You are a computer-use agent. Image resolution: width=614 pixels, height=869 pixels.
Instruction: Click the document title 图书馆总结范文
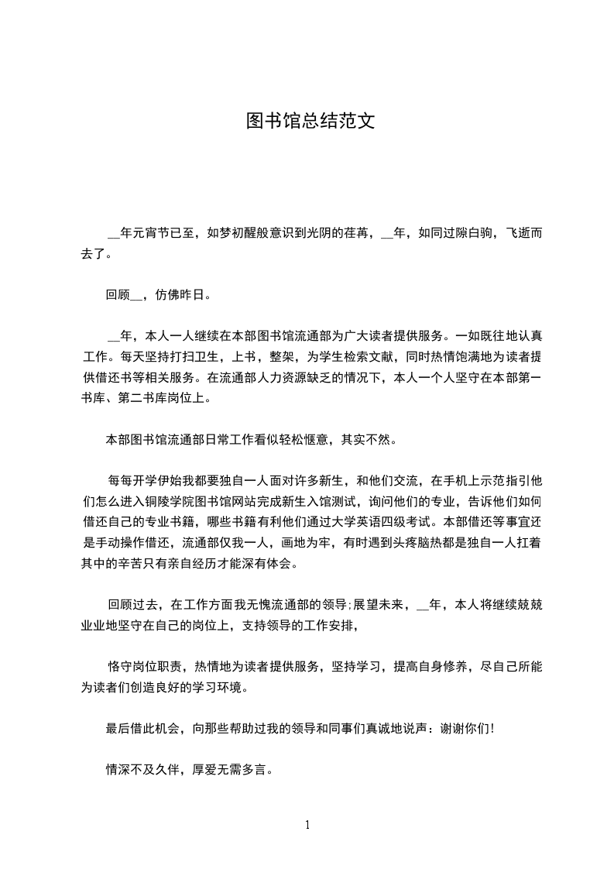pyautogui.click(x=310, y=121)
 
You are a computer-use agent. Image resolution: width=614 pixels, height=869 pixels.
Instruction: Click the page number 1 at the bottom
pyautogui.click(x=307, y=825)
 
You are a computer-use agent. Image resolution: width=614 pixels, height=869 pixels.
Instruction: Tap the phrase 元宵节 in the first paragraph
pyautogui.click(x=162, y=233)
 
